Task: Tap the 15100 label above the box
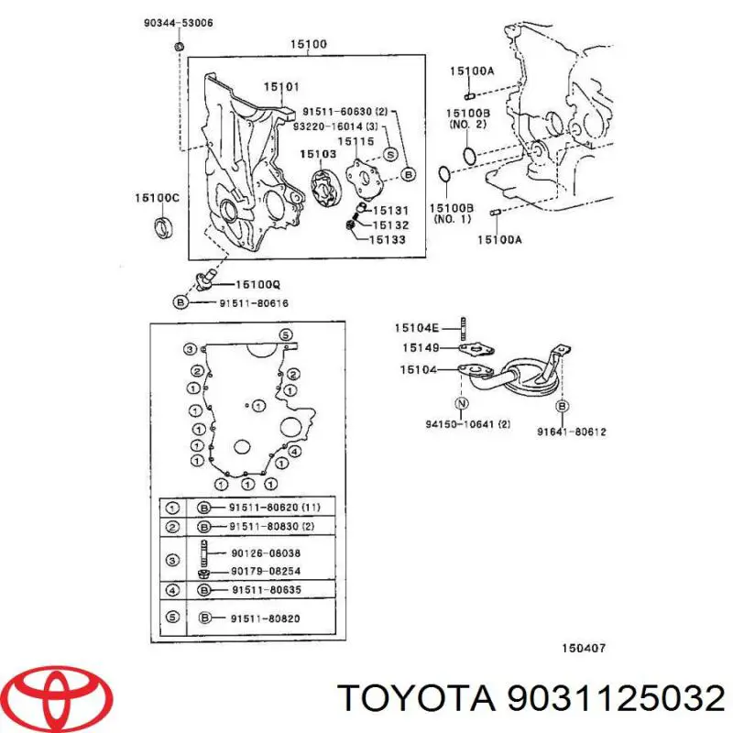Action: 308,44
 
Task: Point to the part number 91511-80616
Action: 246,301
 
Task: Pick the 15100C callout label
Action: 158,198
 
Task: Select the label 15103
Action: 322,156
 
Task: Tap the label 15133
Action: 388,240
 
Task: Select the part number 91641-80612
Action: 571,432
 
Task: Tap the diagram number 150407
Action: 583,649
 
